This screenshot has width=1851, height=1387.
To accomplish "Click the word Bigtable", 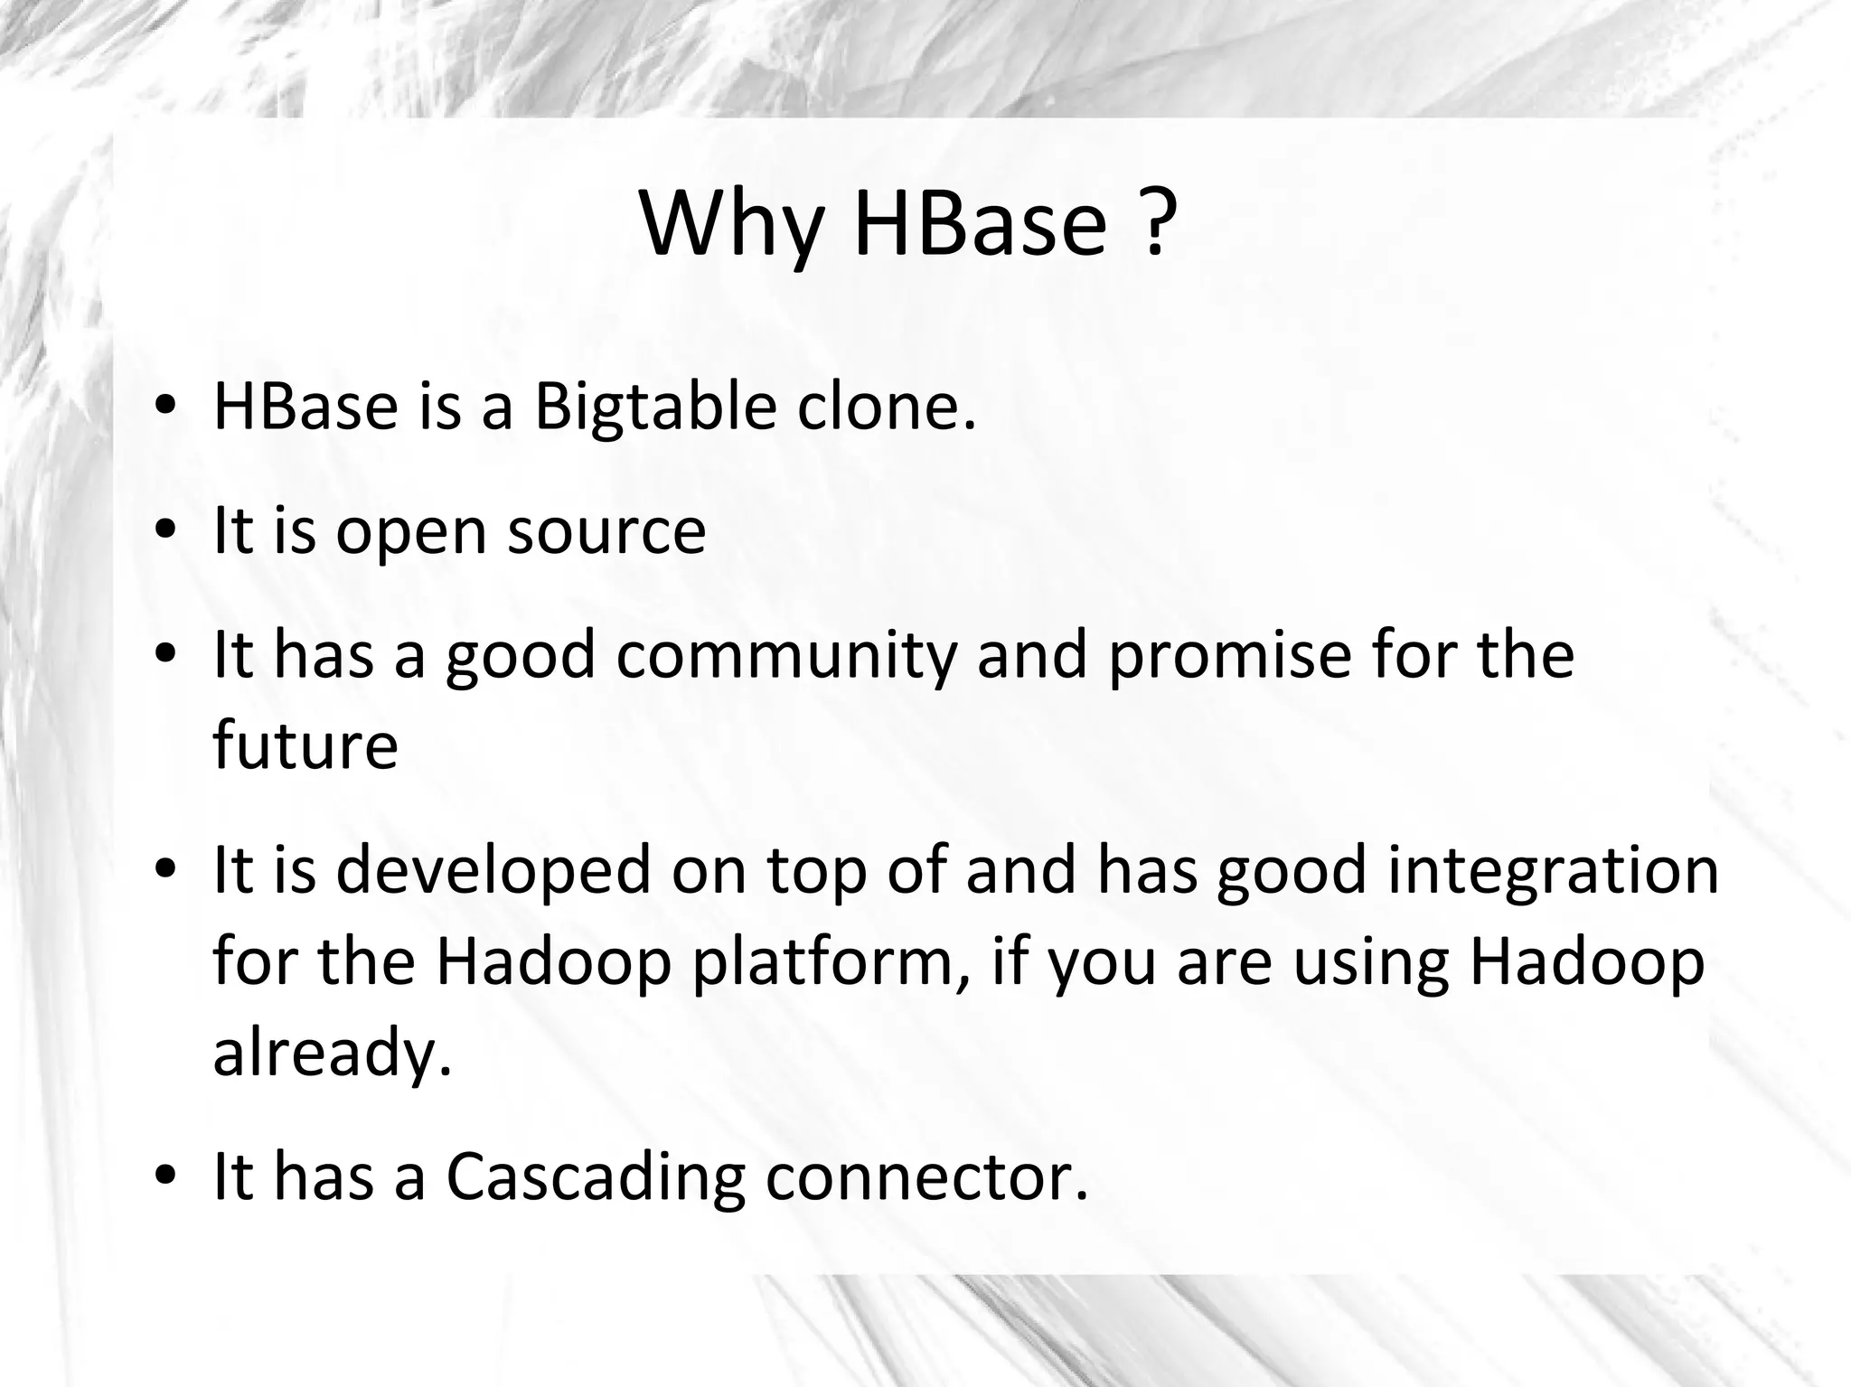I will pyautogui.click(x=654, y=408).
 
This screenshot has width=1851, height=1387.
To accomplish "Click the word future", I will pyautogui.click(x=305, y=746).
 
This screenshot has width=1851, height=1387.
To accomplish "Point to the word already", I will pyautogui.click(x=331, y=1053).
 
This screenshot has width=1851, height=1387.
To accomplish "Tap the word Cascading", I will pyautogui.click(x=596, y=1177).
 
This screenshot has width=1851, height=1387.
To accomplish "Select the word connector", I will pyautogui.click(x=925, y=1177).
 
